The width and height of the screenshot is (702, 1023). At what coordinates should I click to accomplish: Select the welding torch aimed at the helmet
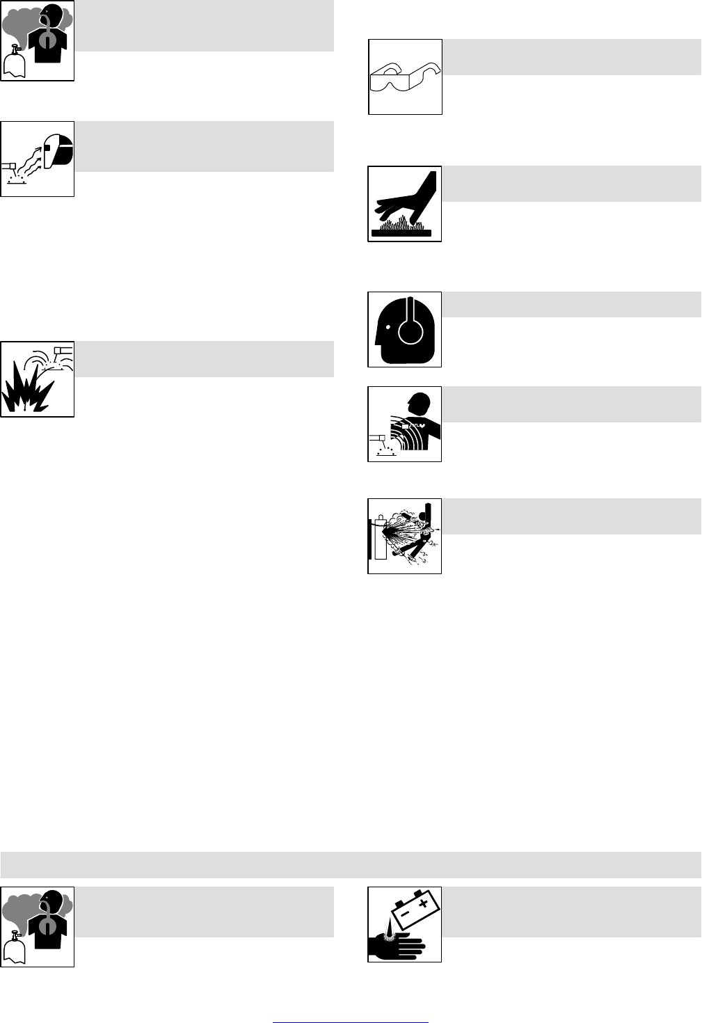coord(10,166)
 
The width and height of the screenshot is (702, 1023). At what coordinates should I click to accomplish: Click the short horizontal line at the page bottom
coord(350,1004)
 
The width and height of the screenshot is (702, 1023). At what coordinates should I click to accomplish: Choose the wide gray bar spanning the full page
coord(351,864)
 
